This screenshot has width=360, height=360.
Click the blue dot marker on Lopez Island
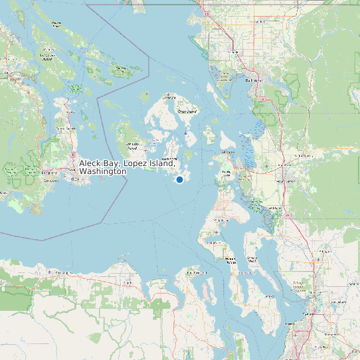click(x=179, y=179)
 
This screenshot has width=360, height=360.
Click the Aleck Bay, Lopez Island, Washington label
click(x=126, y=167)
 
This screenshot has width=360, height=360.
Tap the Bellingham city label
click(x=254, y=80)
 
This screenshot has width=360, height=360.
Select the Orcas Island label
click(x=188, y=112)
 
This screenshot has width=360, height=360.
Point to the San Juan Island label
click(x=132, y=145)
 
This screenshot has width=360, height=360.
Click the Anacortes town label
click(x=228, y=152)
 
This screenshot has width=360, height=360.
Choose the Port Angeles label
click(x=64, y=273)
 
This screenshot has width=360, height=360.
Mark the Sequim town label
click(x=128, y=282)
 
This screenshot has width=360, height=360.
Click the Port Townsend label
click(x=196, y=272)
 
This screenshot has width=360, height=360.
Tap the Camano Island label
click(x=252, y=259)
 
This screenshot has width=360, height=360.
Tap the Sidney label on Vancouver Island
click(x=65, y=128)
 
